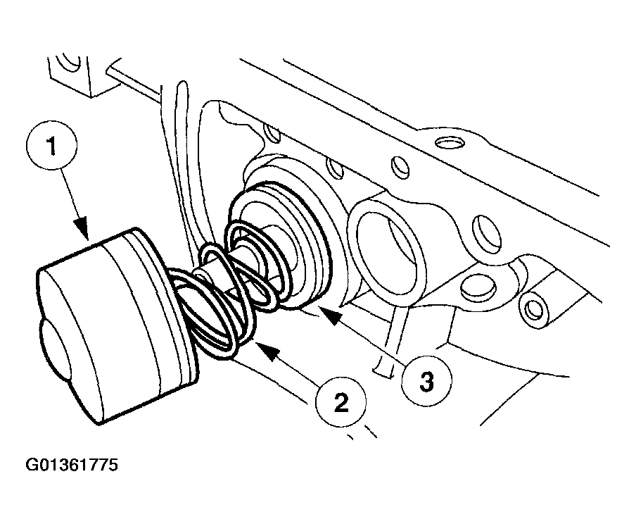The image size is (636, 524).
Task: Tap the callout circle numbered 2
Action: (x=341, y=402)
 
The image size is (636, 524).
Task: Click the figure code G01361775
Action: (x=72, y=466)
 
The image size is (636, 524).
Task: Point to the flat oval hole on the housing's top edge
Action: (x=450, y=144)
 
